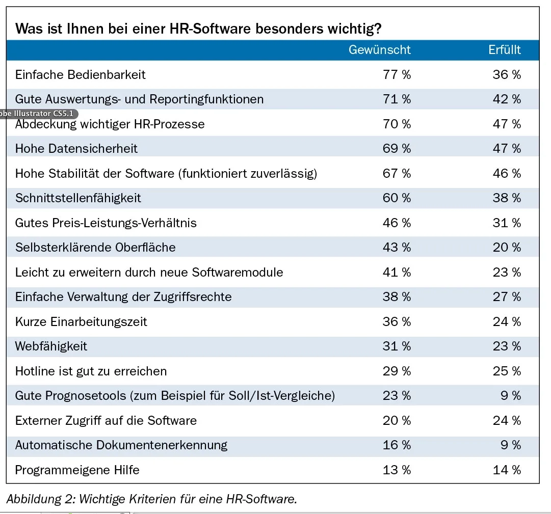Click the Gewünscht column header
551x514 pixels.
(x=379, y=50)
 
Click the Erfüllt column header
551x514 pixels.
(x=504, y=50)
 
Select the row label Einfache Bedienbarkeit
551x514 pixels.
(x=80, y=75)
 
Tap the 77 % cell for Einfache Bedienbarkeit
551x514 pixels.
(x=397, y=75)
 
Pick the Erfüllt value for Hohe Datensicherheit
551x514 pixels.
(x=507, y=149)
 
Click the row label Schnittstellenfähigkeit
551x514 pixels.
(x=78, y=198)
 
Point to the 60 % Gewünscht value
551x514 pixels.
(x=397, y=198)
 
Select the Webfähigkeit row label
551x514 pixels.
(x=51, y=346)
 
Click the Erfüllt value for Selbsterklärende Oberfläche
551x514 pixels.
(x=507, y=248)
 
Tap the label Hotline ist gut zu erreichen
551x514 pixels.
(x=91, y=371)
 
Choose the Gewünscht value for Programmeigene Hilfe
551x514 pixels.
(x=397, y=470)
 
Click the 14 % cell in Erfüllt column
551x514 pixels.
(x=507, y=470)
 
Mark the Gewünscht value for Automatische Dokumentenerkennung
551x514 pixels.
(x=397, y=445)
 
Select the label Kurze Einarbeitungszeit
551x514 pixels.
(x=81, y=322)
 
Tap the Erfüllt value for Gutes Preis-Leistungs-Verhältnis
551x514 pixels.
(x=507, y=223)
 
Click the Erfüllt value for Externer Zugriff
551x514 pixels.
(x=507, y=421)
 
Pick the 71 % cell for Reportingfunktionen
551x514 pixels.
(x=397, y=99)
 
